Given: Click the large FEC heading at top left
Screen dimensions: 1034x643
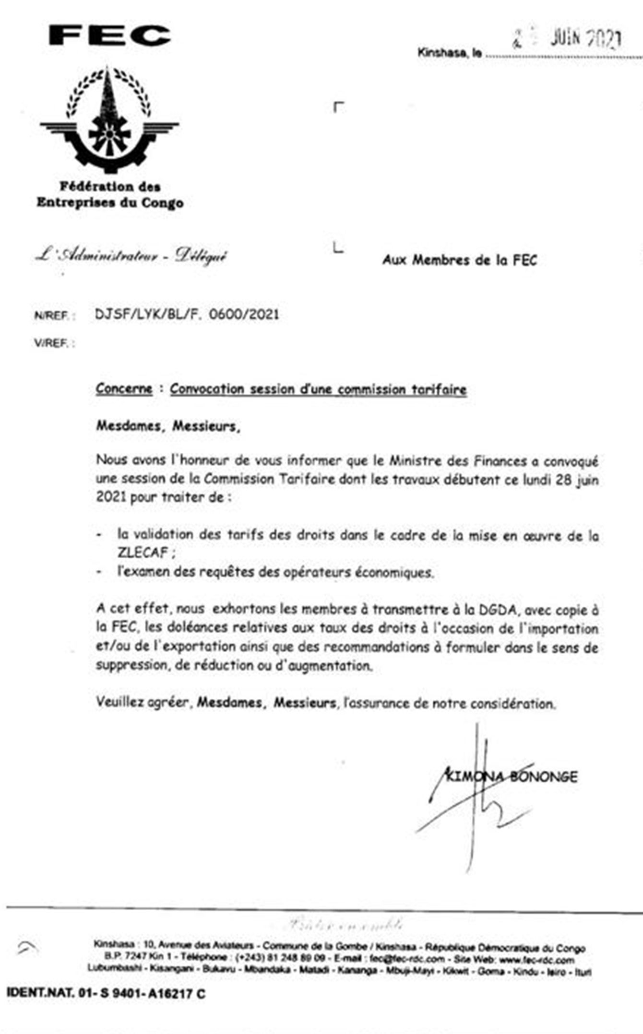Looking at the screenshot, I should tap(110, 36).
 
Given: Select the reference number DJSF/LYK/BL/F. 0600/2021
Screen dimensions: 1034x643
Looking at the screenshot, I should tap(187, 315).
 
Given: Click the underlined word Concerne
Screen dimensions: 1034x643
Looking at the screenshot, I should tap(124, 388).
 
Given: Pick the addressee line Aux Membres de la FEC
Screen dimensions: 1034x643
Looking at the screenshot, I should tap(459, 260).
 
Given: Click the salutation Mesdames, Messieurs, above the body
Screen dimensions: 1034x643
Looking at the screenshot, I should tap(168, 426).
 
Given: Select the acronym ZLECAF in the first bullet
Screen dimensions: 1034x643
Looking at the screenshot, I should tap(143, 552).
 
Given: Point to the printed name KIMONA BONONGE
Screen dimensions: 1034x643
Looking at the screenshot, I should tap(512, 776).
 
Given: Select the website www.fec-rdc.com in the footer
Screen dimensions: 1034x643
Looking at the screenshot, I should tap(536, 960).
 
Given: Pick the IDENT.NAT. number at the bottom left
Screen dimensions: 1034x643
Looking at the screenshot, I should tap(106, 994).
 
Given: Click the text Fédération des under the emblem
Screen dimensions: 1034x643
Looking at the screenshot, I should tap(110, 186).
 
